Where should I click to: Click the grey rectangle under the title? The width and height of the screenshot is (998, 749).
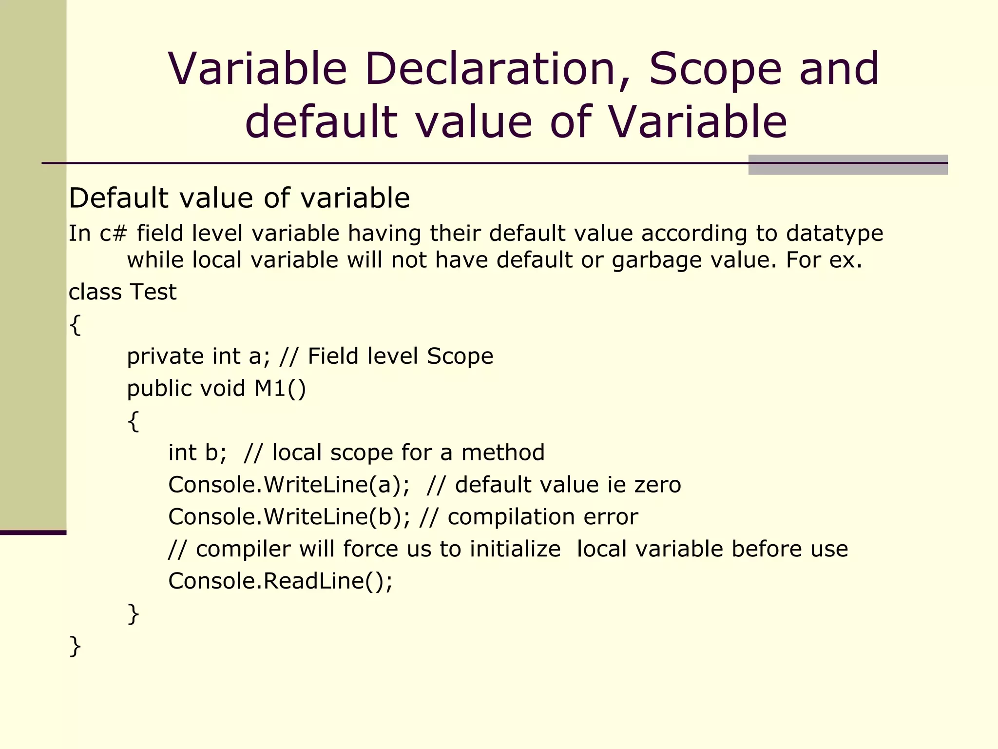[x=847, y=165]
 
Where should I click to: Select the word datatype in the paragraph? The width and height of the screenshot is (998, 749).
[x=834, y=234]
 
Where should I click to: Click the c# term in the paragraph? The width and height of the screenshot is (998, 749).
[x=113, y=234]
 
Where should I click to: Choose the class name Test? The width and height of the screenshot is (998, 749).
[x=153, y=292]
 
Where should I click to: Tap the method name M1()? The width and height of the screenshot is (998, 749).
[x=280, y=389]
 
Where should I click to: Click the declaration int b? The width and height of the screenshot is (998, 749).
[x=197, y=453]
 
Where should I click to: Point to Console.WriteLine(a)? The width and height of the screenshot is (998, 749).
[x=289, y=485]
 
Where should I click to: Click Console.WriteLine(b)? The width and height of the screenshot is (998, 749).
[x=289, y=517]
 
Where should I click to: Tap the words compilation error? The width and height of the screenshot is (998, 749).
[x=542, y=517]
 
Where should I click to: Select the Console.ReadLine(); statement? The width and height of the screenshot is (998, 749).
[x=280, y=581]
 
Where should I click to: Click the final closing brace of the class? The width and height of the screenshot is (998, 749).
[x=75, y=646]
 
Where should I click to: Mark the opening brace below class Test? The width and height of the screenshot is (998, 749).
[x=75, y=324]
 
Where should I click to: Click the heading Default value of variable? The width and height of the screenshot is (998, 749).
[x=239, y=198]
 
